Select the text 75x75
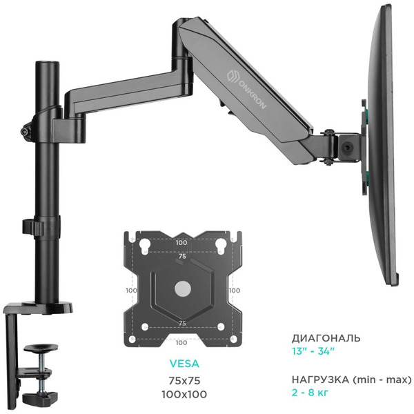click(182, 380)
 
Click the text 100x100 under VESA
click(182, 394)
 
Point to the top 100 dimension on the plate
click(181, 244)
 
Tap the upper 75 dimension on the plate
click(181, 255)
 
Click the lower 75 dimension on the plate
click(181, 322)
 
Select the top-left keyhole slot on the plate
click(144, 247)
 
